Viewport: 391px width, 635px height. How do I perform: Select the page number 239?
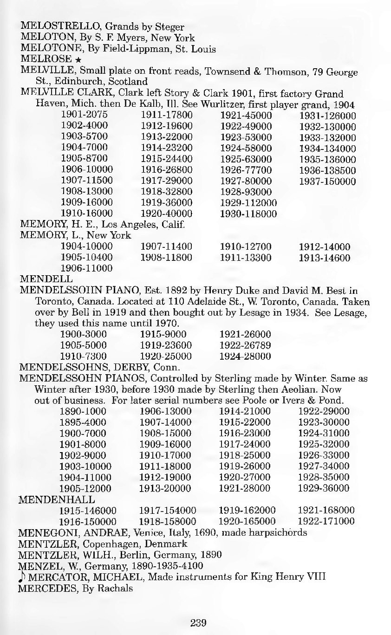[198, 622]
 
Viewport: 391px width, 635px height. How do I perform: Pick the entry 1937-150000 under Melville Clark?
[327, 181]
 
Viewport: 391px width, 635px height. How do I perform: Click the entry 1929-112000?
[248, 203]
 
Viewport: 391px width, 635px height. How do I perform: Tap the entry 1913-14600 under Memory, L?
[325, 258]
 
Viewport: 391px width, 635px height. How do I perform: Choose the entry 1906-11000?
[87, 268]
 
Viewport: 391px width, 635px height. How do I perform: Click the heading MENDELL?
[46, 279]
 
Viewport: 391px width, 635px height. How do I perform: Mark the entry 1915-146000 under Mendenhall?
[88, 510]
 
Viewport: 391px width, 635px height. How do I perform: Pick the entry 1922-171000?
[326, 521]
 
